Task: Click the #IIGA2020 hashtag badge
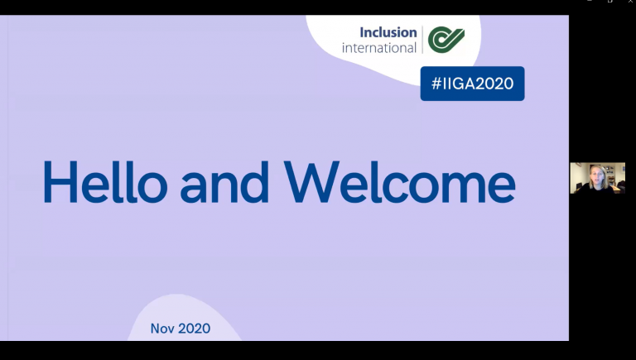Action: click(472, 84)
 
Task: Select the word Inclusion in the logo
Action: click(388, 33)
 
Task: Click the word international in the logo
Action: click(379, 48)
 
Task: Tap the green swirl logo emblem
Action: click(446, 39)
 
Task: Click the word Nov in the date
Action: click(162, 329)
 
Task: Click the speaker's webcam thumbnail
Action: click(596, 178)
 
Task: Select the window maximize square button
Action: click(609, 2)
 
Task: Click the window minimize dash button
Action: click(590, 2)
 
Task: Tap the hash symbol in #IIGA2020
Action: click(436, 84)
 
